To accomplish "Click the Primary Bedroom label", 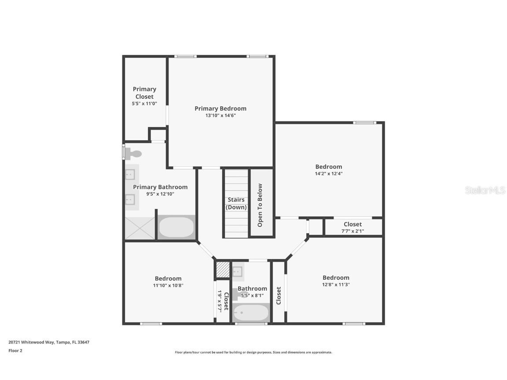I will point(220,108).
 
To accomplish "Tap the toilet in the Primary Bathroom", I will point(133,153).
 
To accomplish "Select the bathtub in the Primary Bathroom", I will point(176,227).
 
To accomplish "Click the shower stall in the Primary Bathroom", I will point(140,228).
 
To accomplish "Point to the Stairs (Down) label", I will point(236,203).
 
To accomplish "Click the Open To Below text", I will point(260,205).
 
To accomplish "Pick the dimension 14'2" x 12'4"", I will point(328,174).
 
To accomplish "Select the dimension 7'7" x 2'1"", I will point(353,231).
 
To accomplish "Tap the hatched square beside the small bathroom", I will point(223,270).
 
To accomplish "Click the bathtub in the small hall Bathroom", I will point(251,313).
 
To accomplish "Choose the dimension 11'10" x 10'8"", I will point(168,285).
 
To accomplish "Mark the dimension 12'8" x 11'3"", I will point(336,285).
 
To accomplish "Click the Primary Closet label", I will point(144,93).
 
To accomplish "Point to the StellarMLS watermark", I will point(485,190).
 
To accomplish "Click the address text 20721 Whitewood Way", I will point(49,342).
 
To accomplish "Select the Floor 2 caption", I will point(15,351).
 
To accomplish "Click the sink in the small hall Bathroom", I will point(238,272).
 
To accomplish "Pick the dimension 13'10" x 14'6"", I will point(220,116).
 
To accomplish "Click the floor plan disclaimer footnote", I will point(253,352).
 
